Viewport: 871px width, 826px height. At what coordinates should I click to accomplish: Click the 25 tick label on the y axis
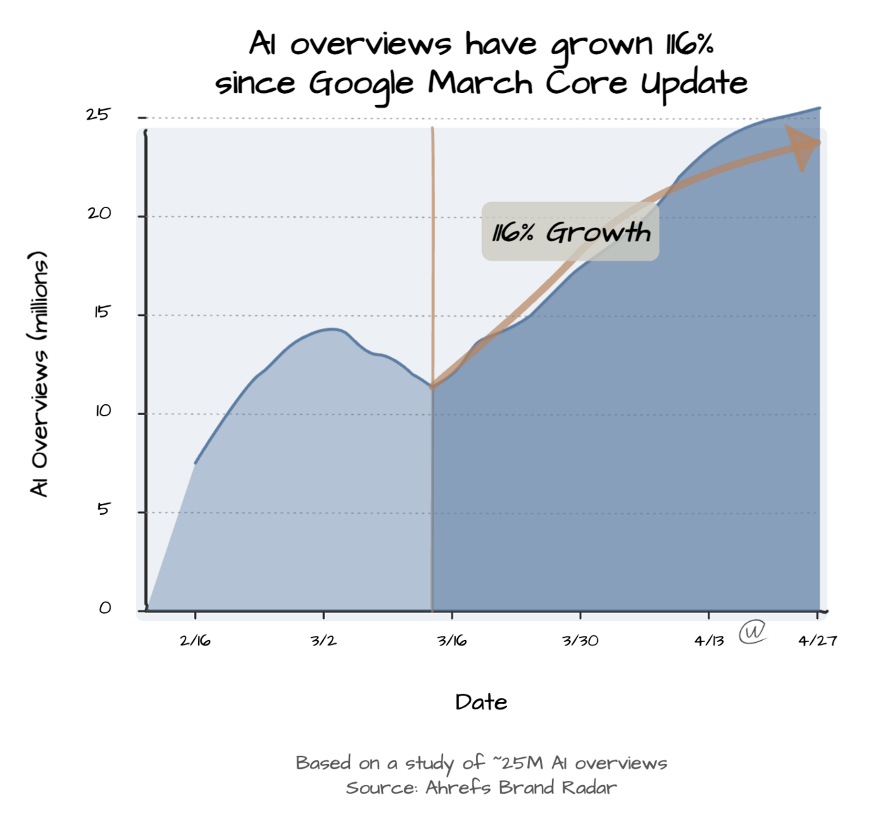coord(97,115)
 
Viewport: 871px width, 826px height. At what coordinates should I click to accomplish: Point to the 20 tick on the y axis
coord(98,214)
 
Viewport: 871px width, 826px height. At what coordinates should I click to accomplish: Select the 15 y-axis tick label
coord(100,312)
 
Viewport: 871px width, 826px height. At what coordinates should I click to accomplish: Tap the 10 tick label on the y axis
coord(102,411)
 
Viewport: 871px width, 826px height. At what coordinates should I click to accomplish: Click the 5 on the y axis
coord(102,509)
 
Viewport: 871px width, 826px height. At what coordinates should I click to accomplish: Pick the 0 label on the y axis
coord(104,608)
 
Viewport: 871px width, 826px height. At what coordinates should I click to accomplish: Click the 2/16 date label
coord(195,641)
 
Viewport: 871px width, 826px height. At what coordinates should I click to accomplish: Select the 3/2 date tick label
coord(324,641)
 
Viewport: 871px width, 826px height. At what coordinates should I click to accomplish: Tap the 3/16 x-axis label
coord(452,641)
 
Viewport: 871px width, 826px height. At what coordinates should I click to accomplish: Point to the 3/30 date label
coord(580,641)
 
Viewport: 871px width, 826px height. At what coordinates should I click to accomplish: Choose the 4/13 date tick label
coord(709,641)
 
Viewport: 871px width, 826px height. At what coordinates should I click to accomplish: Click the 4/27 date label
coord(817,641)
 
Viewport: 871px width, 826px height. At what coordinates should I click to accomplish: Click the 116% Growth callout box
coord(570,232)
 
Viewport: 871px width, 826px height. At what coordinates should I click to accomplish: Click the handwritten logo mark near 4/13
coord(752,632)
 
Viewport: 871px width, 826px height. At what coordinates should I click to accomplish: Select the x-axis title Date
coord(481,702)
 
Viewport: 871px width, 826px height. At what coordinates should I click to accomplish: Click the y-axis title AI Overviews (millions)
coord(39,374)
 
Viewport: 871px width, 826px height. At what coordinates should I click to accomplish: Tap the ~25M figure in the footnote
coord(518,763)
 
